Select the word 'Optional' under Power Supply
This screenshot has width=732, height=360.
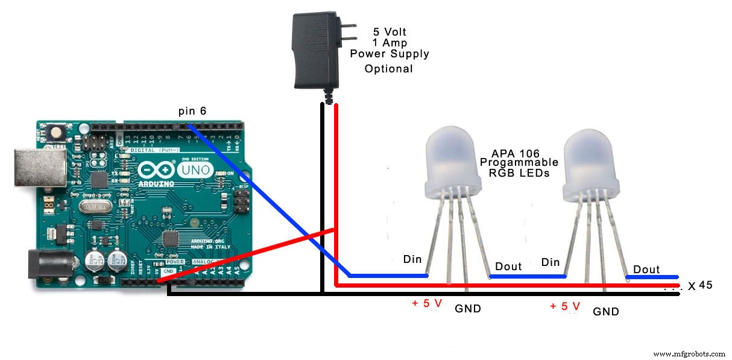tap(388, 69)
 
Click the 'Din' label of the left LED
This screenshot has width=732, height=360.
tap(413, 259)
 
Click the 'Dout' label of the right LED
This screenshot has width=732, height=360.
tap(646, 270)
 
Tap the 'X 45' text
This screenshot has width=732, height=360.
tap(700, 285)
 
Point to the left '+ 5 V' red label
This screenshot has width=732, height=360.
tap(427, 303)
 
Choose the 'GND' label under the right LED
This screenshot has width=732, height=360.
tap(606, 312)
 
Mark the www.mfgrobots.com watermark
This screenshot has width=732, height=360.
tap(689, 354)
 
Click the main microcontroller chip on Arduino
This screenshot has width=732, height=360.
tap(172, 238)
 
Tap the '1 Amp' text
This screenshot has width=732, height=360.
tap(390, 43)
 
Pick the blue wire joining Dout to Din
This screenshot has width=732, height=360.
tap(527, 276)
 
